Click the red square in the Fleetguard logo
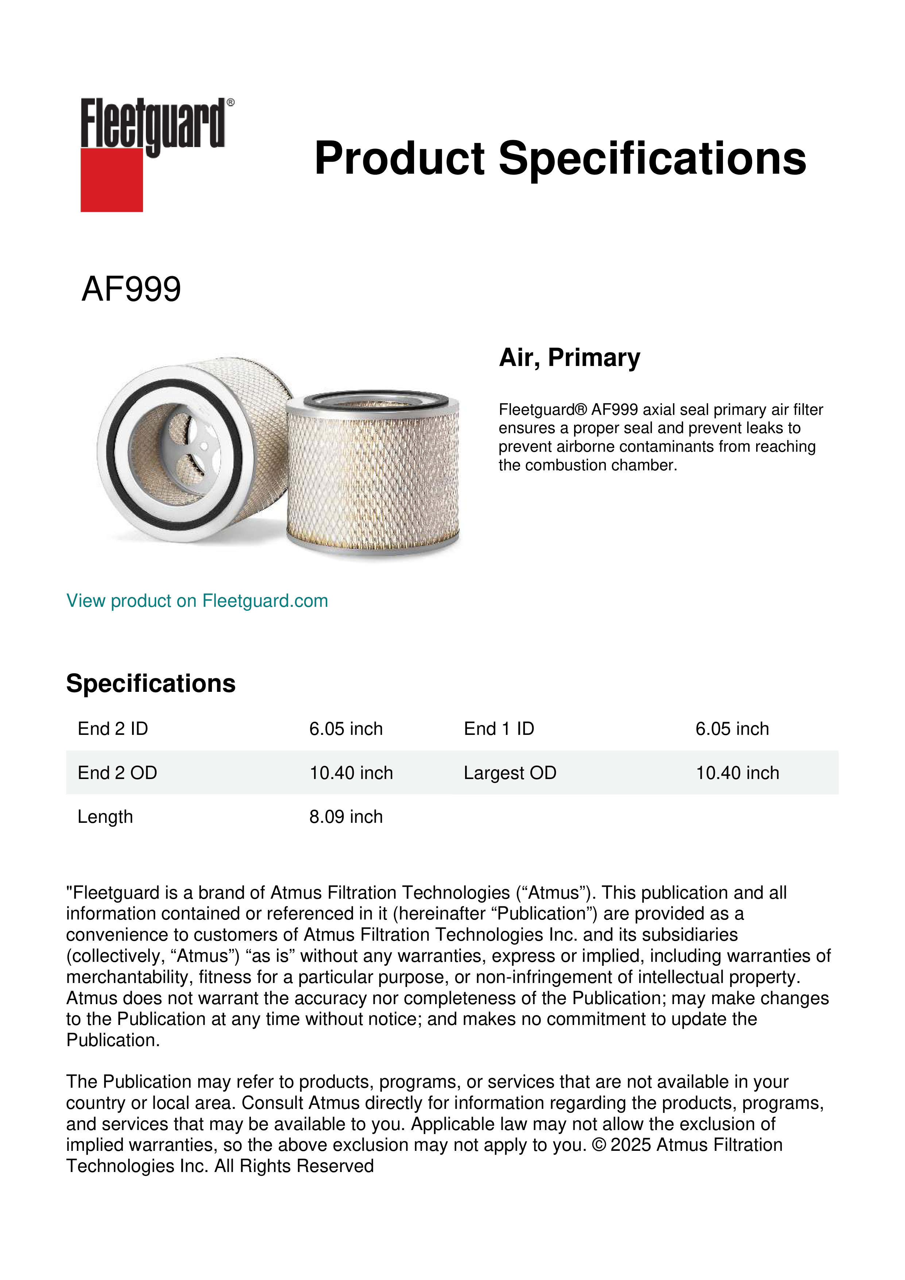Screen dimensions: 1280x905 click(x=112, y=180)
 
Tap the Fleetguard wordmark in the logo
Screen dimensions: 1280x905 click(x=153, y=124)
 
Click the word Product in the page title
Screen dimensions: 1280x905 click(x=399, y=158)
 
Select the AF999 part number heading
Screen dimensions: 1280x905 click(x=131, y=289)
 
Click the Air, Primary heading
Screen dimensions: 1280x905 click(x=569, y=357)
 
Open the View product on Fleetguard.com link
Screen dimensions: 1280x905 click(x=197, y=601)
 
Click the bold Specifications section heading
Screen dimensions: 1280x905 click(x=150, y=683)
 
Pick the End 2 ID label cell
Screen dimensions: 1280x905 click(x=113, y=729)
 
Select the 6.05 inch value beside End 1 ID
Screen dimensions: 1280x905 click(x=732, y=729)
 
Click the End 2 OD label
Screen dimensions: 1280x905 click(x=117, y=773)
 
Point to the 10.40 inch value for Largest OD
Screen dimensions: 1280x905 click(x=737, y=773)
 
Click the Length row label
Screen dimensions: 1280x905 click(x=105, y=817)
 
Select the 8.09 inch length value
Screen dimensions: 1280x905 click(x=345, y=817)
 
